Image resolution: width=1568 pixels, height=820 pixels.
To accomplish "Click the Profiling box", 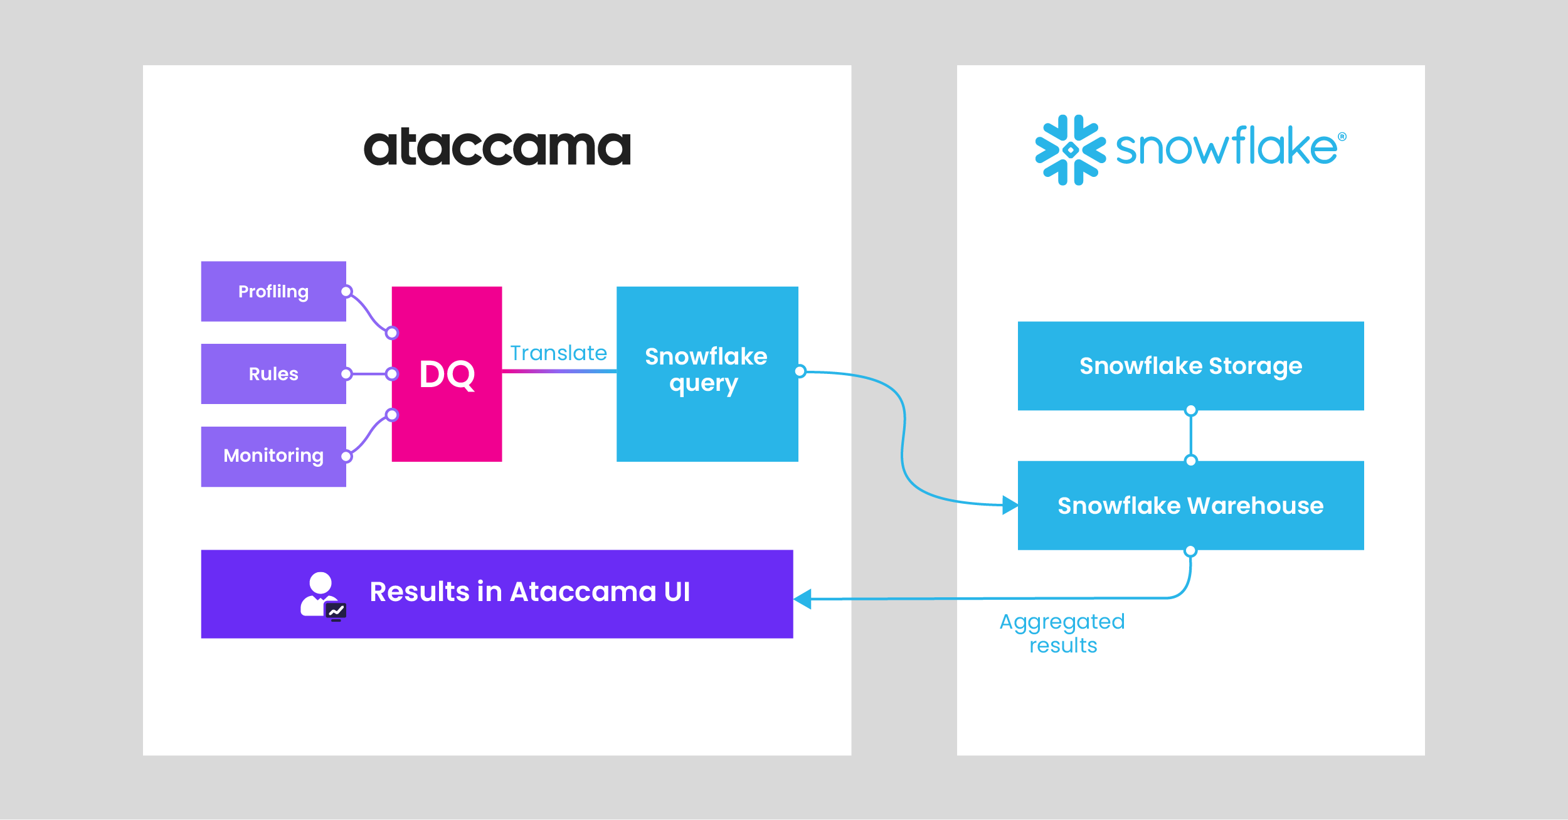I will click(273, 291).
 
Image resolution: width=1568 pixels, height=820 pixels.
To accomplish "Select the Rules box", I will click(273, 374).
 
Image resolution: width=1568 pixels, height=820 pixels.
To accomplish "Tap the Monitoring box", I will click(273, 456).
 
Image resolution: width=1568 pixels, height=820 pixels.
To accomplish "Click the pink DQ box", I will click(447, 374).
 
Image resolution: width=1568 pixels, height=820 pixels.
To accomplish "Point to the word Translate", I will click(558, 353).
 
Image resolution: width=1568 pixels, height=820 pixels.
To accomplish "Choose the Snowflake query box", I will click(707, 374).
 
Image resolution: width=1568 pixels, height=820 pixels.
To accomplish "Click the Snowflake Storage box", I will click(1190, 366).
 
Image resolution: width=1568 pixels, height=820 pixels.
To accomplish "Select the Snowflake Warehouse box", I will click(1190, 506).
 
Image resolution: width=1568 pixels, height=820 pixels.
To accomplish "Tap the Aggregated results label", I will click(1062, 633).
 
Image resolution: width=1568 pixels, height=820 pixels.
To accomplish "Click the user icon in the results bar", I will click(322, 595).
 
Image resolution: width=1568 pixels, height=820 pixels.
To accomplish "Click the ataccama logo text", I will click(497, 148).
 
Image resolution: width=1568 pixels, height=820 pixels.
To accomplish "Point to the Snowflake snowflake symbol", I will click(1071, 150).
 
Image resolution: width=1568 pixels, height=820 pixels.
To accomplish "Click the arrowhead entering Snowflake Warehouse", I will click(1010, 504).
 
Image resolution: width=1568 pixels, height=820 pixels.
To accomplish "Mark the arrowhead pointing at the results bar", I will click(803, 599).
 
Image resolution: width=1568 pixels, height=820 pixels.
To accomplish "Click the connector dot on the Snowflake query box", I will click(800, 371).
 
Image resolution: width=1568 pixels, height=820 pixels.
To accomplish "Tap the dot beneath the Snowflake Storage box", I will click(1190, 411).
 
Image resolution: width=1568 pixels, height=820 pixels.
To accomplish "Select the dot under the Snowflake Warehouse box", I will click(1190, 551).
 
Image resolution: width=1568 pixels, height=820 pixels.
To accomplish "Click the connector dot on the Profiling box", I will click(346, 292).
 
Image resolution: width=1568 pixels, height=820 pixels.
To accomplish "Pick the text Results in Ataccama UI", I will click(530, 592).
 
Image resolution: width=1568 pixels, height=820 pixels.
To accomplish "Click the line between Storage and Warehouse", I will click(1190, 435).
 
